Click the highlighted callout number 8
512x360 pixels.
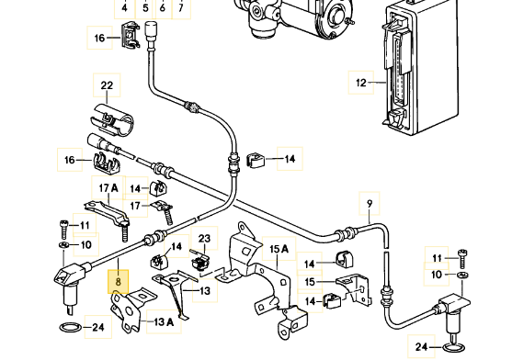click(x=119, y=281)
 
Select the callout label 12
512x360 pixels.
click(x=361, y=83)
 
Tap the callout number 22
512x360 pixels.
click(x=107, y=85)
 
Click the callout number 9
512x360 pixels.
click(x=370, y=204)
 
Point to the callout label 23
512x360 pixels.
click(x=204, y=239)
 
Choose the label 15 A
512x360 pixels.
click(x=279, y=249)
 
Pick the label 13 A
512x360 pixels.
click(x=164, y=321)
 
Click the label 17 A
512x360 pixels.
click(x=108, y=188)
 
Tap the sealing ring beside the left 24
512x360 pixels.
click(x=71, y=327)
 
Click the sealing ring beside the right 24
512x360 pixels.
click(x=455, y=348)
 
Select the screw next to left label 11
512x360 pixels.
click(x=63, y=230)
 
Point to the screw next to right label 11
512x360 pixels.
click(x=463, y=258)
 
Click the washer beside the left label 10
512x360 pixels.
click(x=63, y=245)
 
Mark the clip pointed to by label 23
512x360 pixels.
click(x=199, y=259)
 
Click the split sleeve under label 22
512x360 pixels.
click(x=111, y=119)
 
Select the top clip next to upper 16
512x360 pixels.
click(x=131, y=35)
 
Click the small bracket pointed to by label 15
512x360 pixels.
click(x=354, y=289)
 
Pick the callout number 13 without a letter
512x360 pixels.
click(x=205, y=290)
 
